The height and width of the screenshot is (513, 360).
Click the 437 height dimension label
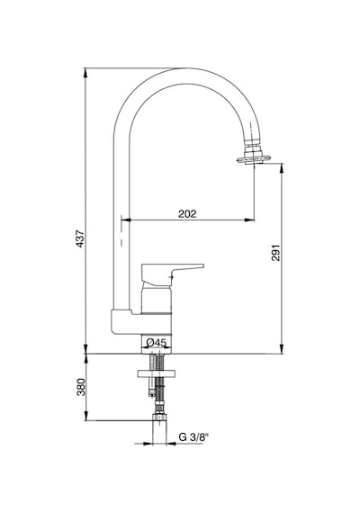[x=80, y=238]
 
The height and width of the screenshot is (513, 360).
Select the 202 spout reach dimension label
[x=187, y=213]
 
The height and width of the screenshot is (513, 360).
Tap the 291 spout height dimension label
[x=276, y=252]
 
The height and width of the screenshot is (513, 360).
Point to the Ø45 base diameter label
[x=157, y=343]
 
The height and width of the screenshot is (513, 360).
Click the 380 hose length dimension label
[x=81, y=387]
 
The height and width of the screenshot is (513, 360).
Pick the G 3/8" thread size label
[x=193, y=437]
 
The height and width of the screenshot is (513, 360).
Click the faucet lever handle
[x=173, y=274]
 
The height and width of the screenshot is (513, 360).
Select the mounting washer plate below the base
[x=157, y=373]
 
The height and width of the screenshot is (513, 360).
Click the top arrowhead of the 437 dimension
[x=85, y=72]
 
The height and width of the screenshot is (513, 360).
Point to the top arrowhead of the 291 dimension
[x=282, y=167]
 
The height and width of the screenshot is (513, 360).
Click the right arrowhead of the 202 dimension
[x=250, y=220]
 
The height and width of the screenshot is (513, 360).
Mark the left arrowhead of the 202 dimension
[x=126, y=220]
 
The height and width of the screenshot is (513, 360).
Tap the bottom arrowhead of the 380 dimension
[x=85, y=416]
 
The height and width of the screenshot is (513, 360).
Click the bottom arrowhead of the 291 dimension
[x=282, y=349]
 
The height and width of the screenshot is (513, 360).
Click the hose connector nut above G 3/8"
[x=159, y=418]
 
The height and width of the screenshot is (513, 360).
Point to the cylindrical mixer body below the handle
[x=156, y=300]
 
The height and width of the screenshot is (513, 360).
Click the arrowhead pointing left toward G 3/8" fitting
[x=171, y=444]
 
